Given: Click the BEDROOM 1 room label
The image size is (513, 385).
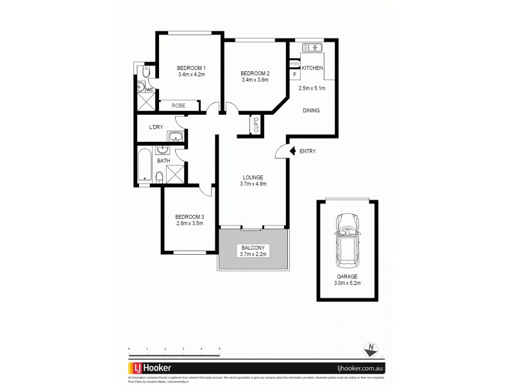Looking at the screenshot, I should (x=192, y=68).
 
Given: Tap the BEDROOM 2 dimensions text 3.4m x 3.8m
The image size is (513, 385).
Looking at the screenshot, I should (x=255, y=80).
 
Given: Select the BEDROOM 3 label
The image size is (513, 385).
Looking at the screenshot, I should (x=189, y=217).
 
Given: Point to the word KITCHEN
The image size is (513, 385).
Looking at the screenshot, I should (x=312, y=68).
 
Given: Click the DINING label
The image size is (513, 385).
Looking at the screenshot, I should (x=312, y=110).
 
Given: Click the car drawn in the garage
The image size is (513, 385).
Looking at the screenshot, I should (x=347, y=241).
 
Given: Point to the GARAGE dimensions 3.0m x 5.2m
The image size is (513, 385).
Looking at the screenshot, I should (x=347, y=283).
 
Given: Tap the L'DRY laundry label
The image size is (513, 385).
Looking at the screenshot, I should (x=156, y=126).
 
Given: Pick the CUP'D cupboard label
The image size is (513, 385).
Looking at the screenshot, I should (x=255, y=125).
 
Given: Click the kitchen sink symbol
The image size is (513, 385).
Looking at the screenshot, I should (x=314, y=47).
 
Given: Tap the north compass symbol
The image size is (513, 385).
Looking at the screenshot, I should (x=370, y=350).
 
